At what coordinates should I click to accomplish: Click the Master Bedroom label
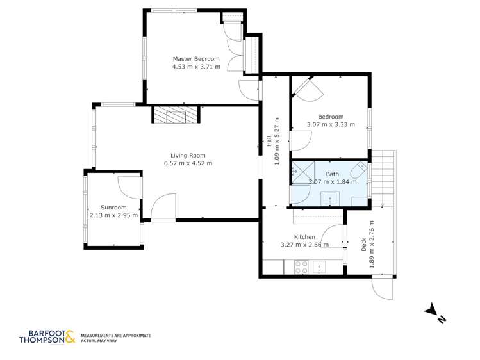[x=195, y=59]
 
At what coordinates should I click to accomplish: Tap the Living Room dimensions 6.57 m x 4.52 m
[x=188, y=163]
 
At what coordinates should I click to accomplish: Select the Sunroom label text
[x=113, y=208]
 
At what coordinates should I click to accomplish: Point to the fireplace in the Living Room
[x=176, y=115]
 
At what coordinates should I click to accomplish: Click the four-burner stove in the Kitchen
[x=301, y=266]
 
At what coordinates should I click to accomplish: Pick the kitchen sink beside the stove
[x=319, y=266]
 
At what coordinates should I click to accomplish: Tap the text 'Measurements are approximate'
[x=115, y=335]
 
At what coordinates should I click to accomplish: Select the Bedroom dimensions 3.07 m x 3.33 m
[x=330, y=124]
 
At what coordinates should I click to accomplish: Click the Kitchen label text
[x=304, y=236]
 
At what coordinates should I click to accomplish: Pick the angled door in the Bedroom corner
[x=306, y=88]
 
